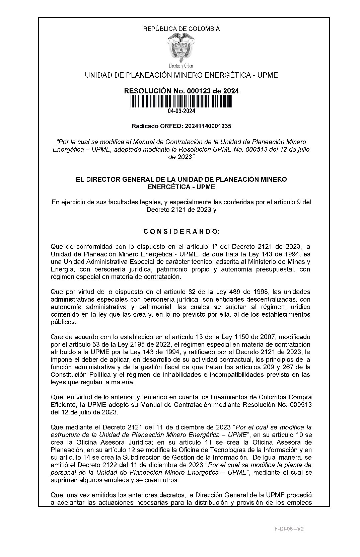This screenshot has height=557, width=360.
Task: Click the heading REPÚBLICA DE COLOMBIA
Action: coord(181,29)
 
